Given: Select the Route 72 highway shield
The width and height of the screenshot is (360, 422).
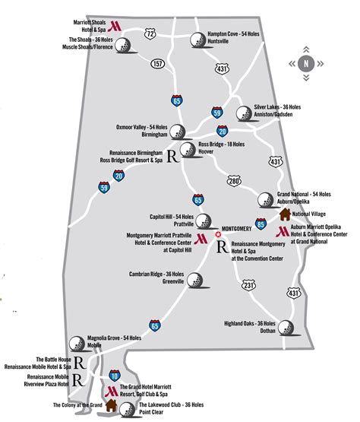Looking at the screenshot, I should pos(151,33).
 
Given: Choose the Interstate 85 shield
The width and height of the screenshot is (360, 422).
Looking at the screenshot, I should pos(261,224).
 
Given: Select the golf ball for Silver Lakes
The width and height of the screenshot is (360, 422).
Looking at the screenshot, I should pos(243,114).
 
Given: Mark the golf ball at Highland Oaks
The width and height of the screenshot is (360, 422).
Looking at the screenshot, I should pos(287,328).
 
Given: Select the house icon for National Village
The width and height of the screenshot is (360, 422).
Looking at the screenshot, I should pos(284,214).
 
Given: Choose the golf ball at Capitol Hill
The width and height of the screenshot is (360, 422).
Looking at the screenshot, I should pos(203,221).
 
